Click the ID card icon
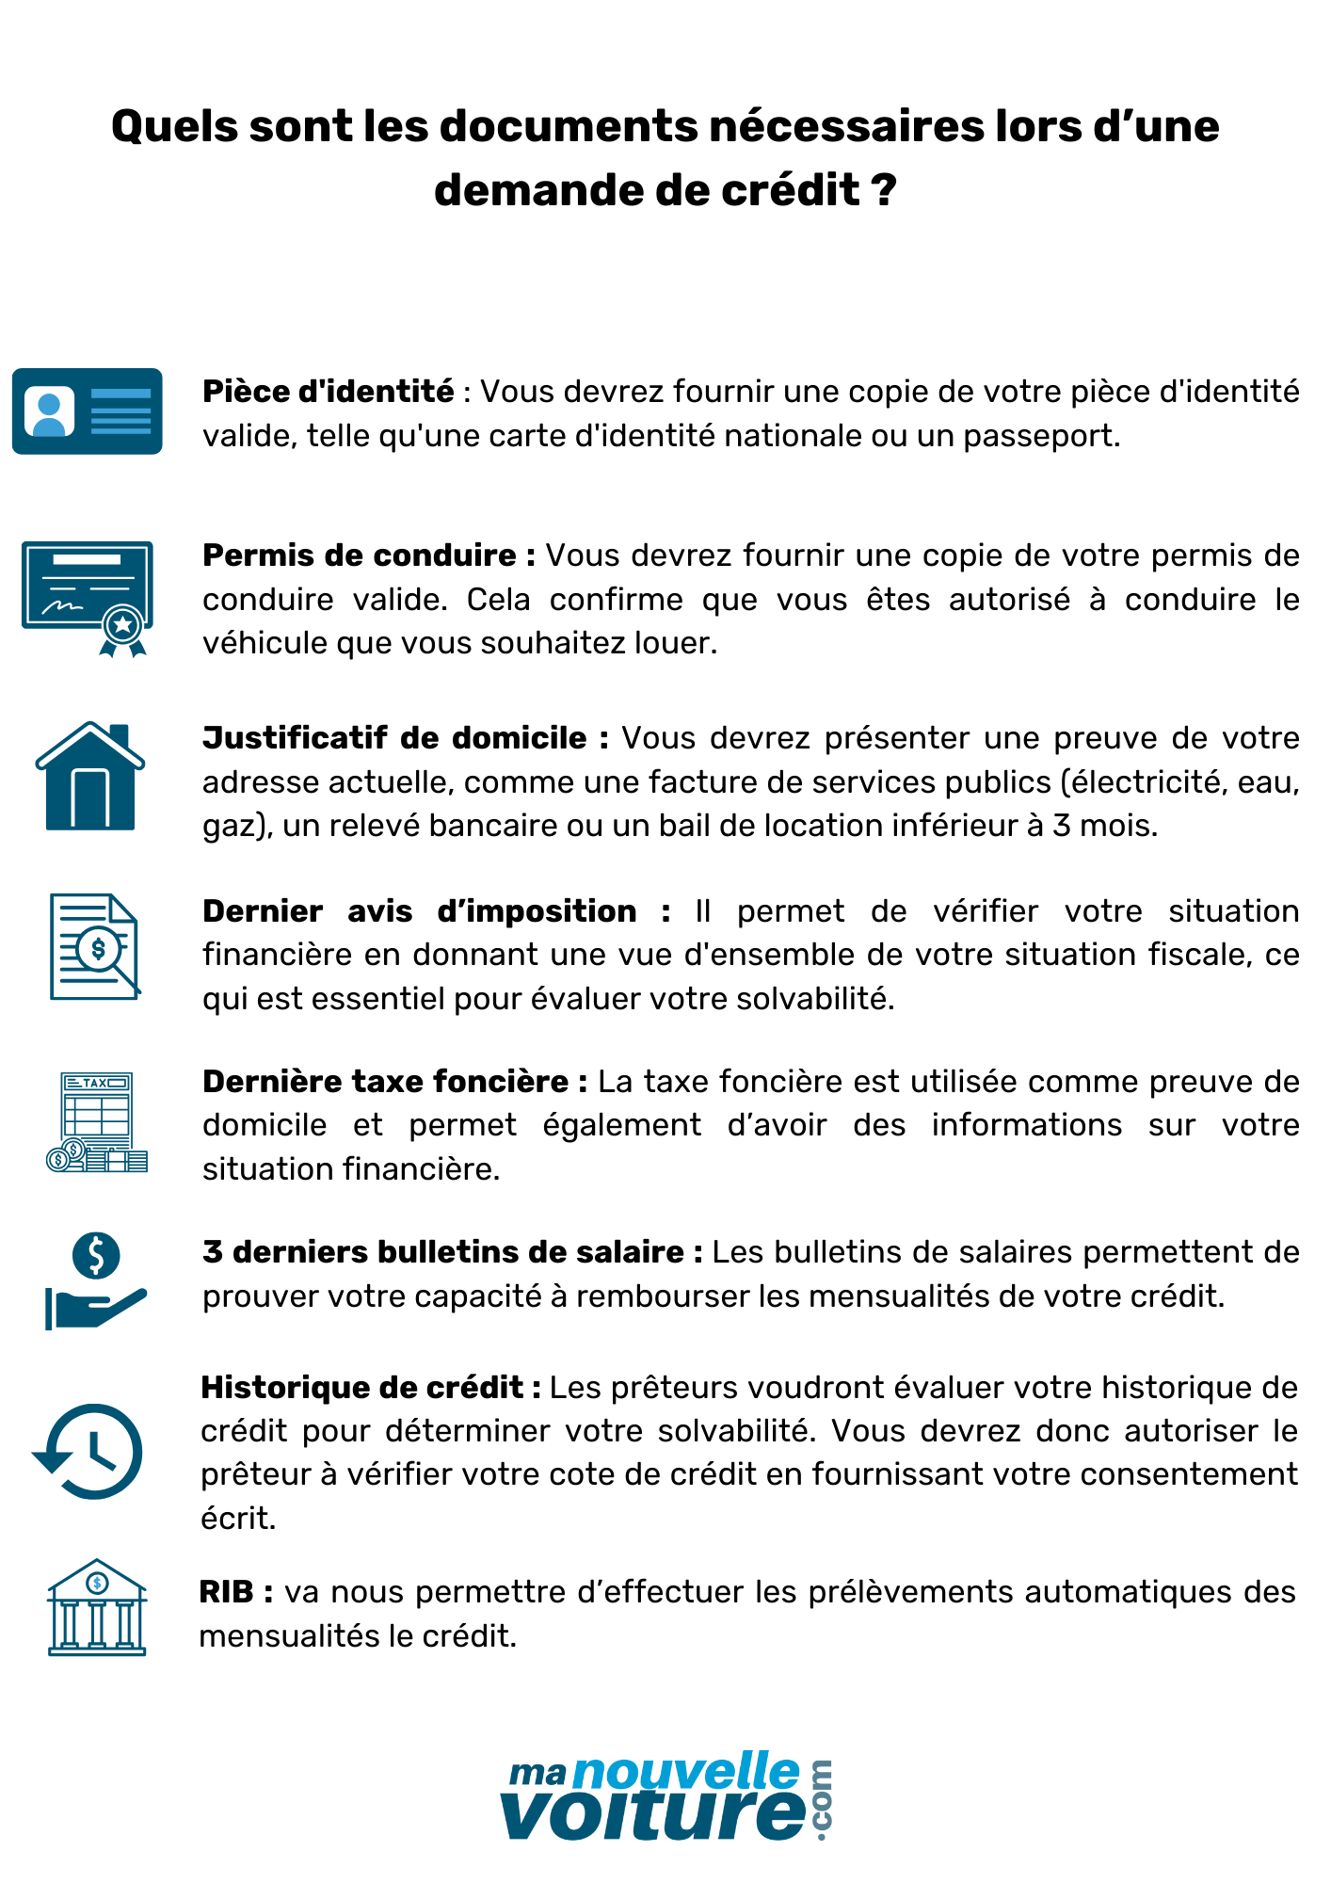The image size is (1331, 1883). pos(87,411)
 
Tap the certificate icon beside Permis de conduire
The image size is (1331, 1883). pos(87,598)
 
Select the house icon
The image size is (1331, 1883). pos(90,777)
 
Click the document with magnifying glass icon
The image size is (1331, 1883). pos(94,946)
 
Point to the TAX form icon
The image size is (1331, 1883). pos(96,1122)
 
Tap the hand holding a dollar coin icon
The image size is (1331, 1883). pos(95,1281)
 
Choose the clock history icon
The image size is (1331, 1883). pos(88,1451)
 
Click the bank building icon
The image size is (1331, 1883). pos(97,1607)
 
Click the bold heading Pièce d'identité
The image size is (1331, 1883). pos(329,391)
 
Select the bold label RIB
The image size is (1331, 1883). pos(227,1591)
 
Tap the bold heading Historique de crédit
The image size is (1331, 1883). pos(362,1387)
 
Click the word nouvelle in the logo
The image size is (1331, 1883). pos(686,1773)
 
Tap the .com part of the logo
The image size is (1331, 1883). pos(821,1799)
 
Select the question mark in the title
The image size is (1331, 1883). pos(884,190)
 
